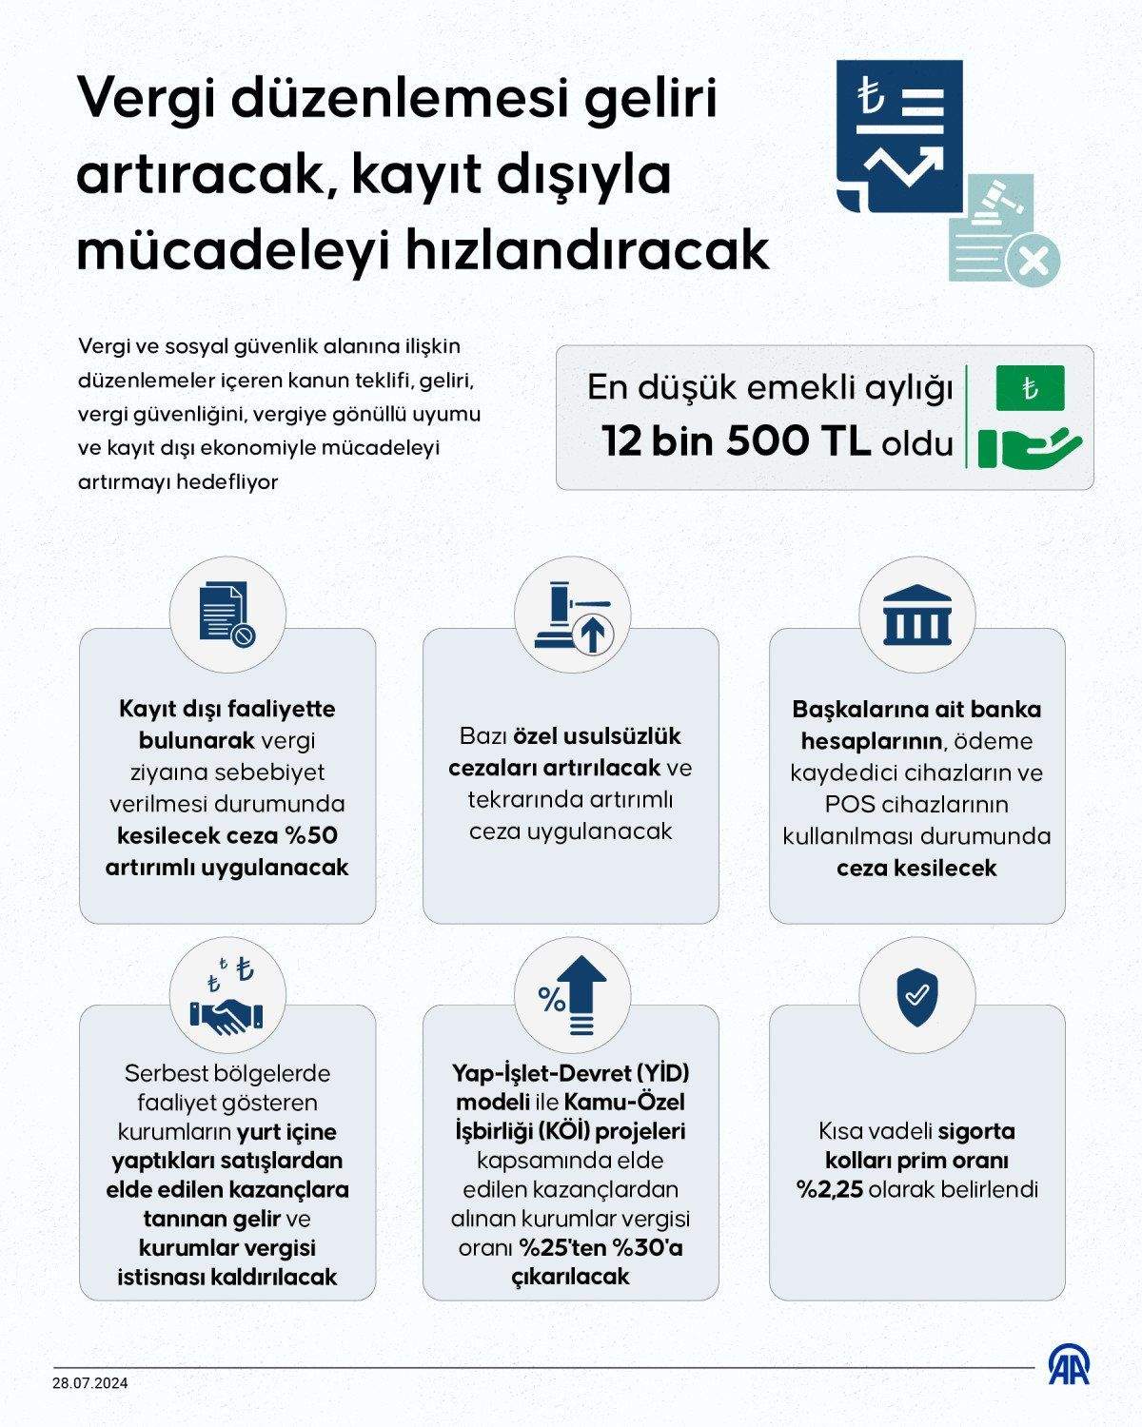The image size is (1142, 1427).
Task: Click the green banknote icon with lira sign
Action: point(1030,388)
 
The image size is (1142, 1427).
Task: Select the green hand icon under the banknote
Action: point(1030,446)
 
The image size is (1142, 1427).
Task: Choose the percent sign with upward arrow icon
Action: point(572,995)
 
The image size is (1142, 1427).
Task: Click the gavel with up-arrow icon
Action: point(572,618)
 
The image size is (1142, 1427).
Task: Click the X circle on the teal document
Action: point(1033,258)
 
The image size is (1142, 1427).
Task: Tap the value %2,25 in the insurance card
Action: point(830,1189)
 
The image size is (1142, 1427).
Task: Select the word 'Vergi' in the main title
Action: point(150,99)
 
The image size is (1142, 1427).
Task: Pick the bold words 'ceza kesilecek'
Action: point(916,868)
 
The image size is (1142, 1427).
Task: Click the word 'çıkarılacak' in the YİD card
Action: point(571,1276)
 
